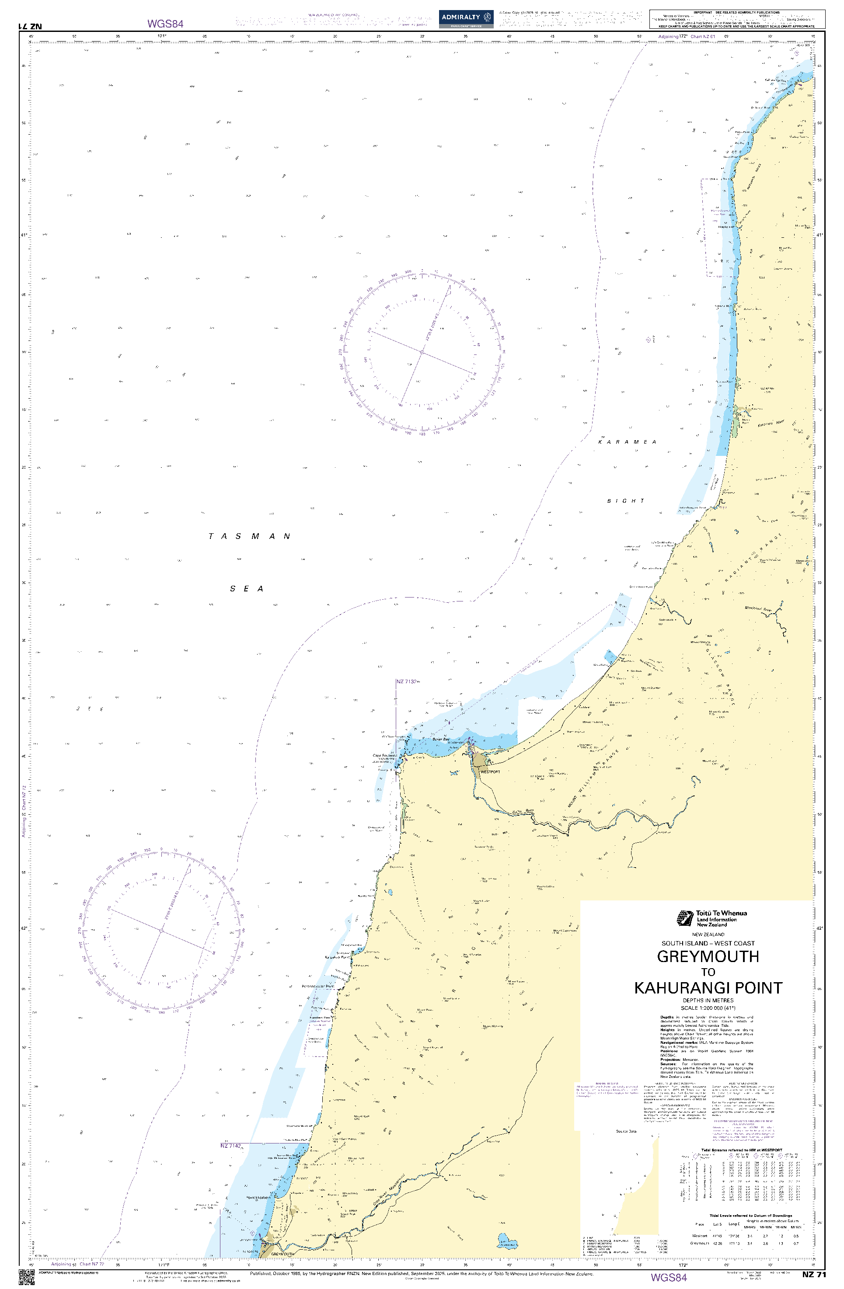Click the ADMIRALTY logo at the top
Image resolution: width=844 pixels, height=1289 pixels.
tap(466, 18)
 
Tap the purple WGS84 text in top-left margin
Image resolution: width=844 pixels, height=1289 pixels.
tap(165, 24)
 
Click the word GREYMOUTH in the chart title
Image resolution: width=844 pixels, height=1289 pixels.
tap(708, 956)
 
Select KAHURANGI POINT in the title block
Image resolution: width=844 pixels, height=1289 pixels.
tap(708, 988)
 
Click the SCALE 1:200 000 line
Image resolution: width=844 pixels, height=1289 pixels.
tap(708, 1008)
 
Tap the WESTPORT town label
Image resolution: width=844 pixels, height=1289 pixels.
tap(490, 772)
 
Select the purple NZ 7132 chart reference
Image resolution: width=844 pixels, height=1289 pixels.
tap(407, 682)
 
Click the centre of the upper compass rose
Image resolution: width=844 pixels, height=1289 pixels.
tap(422, 353)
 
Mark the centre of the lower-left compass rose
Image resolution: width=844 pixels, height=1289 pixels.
tap(161, 931)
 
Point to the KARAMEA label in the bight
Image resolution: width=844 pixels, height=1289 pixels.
tap(627, 442)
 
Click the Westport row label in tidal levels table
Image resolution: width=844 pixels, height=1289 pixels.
tap(699, 1236)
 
